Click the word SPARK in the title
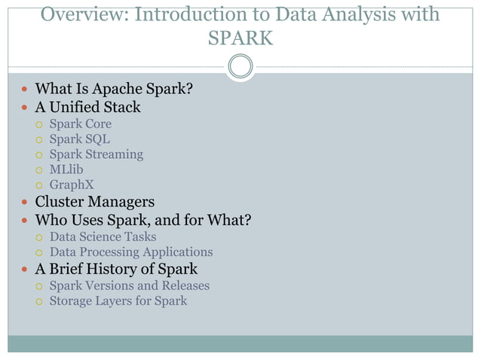(x=240, y=38)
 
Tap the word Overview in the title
(x=83, y=14)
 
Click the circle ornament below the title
(x=240, y=66)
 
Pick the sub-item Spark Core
(x=80, y=124)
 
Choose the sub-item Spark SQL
(x=79, y=139)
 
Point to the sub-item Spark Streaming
(x=96, y=154)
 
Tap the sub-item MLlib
(x=66, y=169)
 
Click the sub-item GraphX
(x=72, y=185)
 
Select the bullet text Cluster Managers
(x=95, y=202)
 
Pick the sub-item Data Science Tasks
(x=103, y=237)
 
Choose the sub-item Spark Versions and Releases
(x=129, y=286)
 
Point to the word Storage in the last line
(x=72, y=301)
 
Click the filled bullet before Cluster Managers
(x=25, y=203)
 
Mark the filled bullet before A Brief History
(x=25, y=270)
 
